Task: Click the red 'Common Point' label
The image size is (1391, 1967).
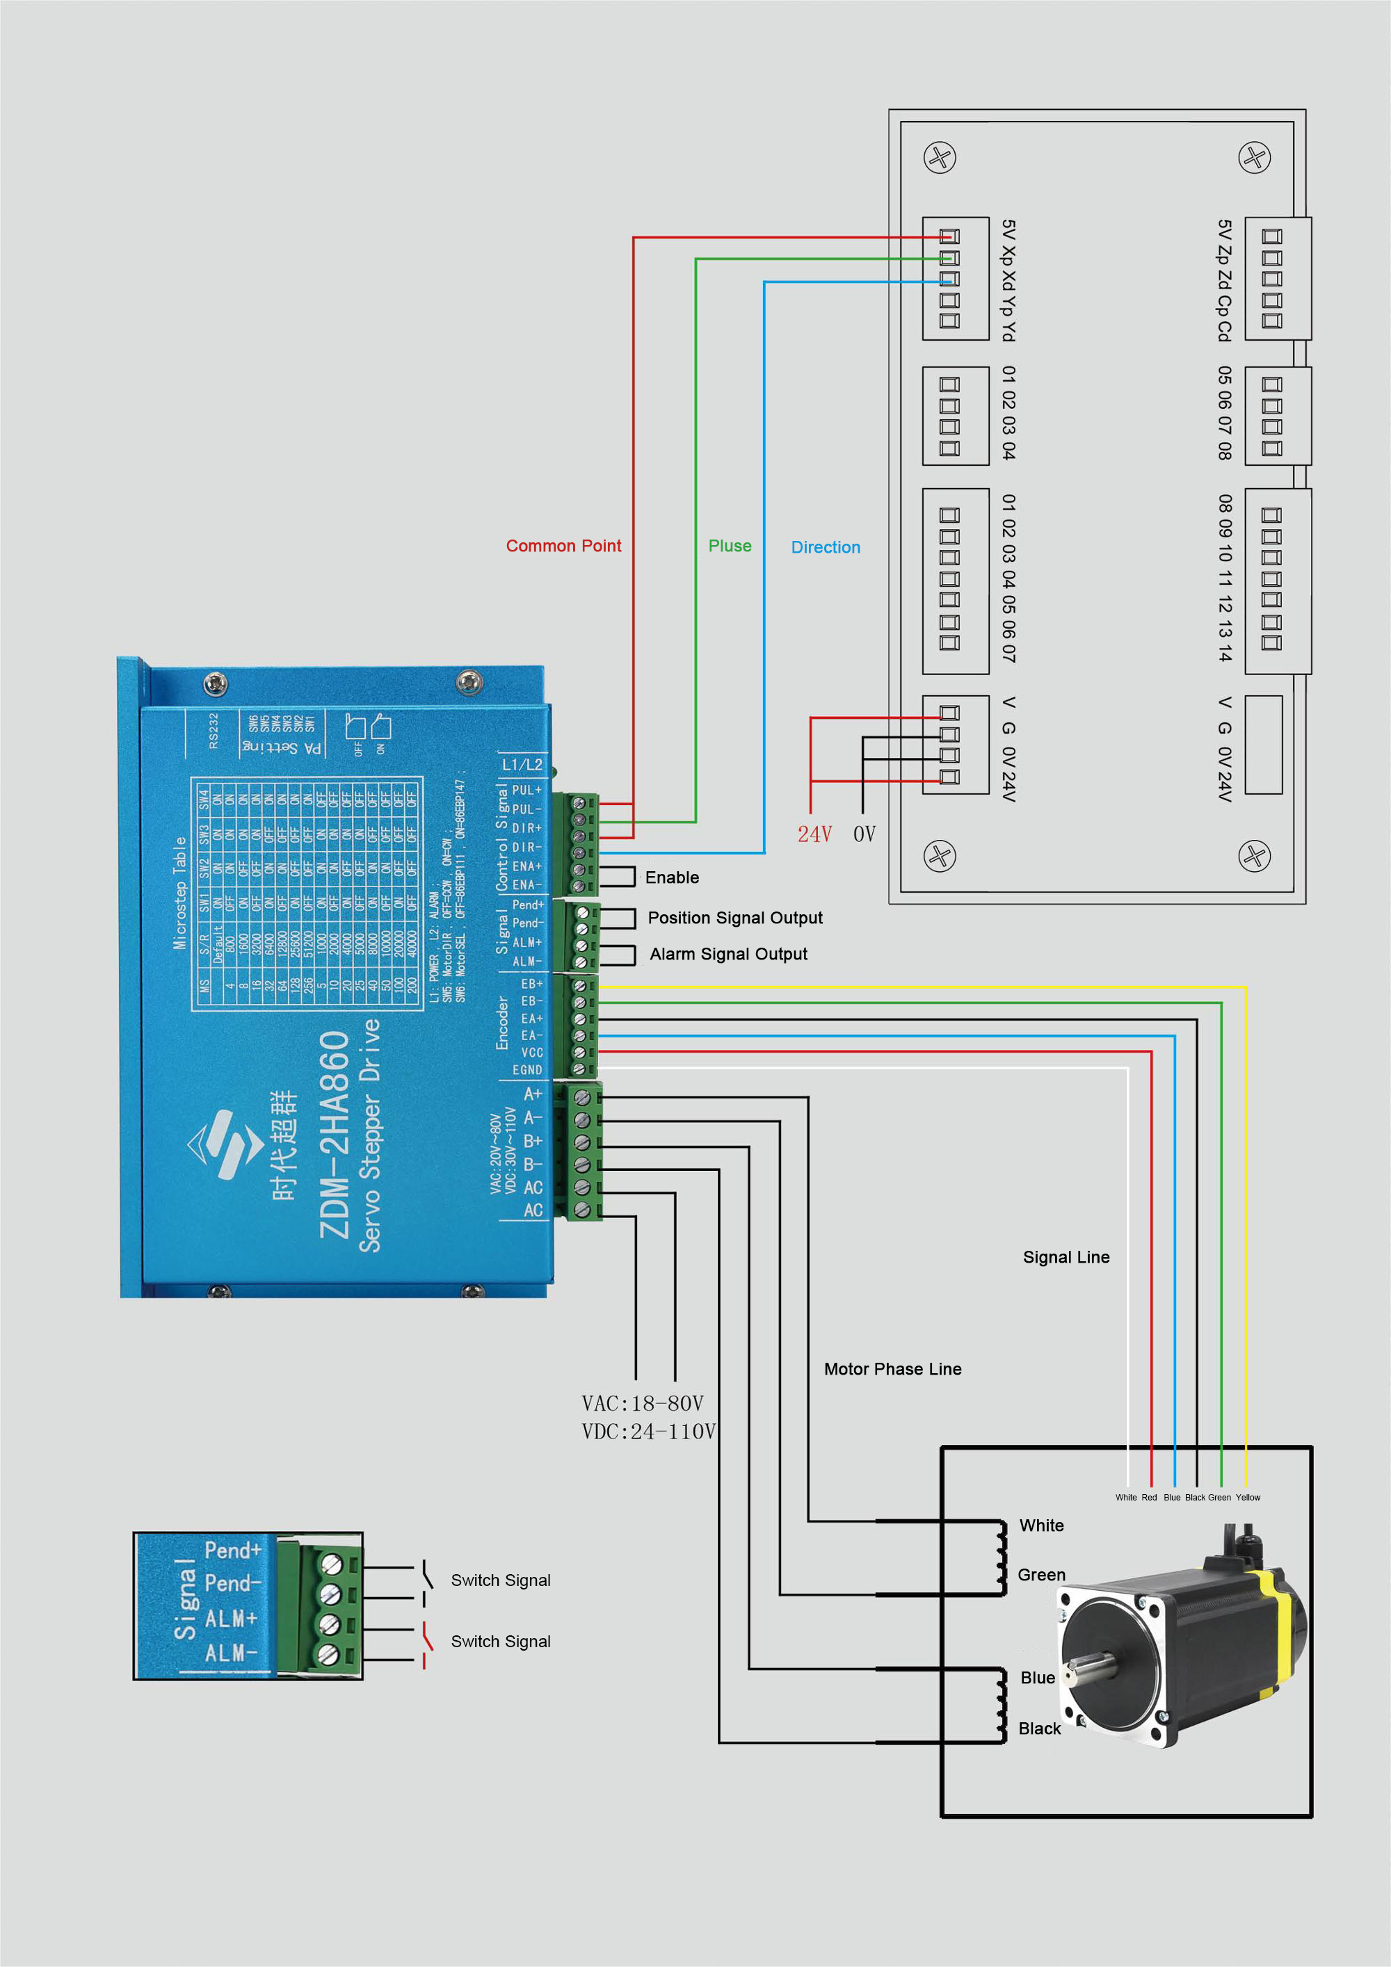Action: tap(563, 546)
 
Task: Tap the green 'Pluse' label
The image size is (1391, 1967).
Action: tap(730, 546)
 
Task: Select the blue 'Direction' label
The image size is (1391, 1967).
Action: tap(826, 547)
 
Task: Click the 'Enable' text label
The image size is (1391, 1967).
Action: tap(672, 877)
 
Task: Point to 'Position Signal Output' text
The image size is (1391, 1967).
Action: tap(734, 918)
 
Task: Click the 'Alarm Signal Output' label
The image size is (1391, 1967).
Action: tap(727, 953)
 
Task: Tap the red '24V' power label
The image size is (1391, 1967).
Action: tap(814, 834)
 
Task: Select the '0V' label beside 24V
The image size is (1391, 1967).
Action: tap(864, 834)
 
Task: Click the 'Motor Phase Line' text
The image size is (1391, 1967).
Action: tap(892, 1369)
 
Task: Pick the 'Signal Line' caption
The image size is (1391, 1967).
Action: tap(1066, 1257)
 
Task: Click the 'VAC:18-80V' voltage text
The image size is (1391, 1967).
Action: tap(642, 1403)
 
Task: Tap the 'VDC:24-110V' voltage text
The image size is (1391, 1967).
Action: tap(648, 1432)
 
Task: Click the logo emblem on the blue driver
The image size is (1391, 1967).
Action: tap(225, 1144)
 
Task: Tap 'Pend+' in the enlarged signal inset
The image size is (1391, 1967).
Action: tap(232, 1551)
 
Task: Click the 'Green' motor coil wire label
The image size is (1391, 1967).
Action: tap(1041, 1575)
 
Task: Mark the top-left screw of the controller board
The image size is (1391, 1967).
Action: tap(940, 158)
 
